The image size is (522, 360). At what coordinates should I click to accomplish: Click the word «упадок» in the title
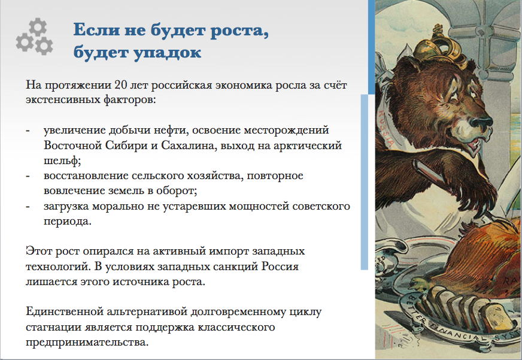168,53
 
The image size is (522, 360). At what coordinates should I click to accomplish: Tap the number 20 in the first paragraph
121,85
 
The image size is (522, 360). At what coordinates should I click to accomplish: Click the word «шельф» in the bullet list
62,161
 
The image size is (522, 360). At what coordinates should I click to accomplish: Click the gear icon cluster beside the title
34,37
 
